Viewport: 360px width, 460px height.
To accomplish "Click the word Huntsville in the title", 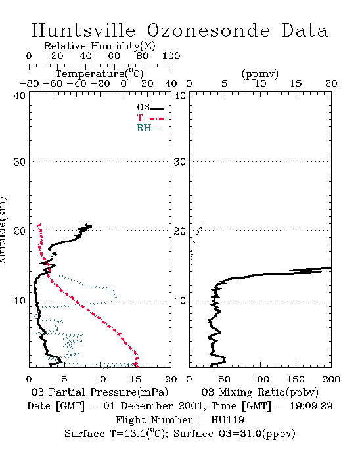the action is coord(83,30).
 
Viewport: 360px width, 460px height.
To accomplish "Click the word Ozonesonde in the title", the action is coord(208,30).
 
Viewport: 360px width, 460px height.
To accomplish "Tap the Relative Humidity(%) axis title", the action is coord(100,46).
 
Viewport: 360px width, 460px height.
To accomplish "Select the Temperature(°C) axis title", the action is coord(100,74).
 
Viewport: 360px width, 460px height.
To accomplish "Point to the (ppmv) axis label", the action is coord(260,74).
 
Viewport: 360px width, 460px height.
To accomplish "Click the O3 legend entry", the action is coord(150,108).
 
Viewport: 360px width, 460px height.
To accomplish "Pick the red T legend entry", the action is coord(150,118).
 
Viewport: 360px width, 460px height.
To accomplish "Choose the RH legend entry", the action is coord(150,128).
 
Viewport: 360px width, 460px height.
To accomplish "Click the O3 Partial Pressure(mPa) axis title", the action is coord(100,392).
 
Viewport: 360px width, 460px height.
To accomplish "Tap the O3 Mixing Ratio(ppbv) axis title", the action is coord(259,392).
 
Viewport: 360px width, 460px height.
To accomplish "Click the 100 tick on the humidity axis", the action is coord(171,56).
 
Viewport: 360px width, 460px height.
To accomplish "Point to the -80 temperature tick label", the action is coord(29,83).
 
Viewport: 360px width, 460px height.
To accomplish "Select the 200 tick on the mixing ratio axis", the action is coord(331,379).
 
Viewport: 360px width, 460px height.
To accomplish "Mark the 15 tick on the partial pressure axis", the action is coord(135,379).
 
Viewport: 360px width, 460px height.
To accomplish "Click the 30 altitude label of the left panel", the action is coord(19,162).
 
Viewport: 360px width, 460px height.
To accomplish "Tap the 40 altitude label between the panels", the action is coord(180,95).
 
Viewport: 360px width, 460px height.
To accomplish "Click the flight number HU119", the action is coord(227,420).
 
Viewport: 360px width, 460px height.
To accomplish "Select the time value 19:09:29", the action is coord(311,406).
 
